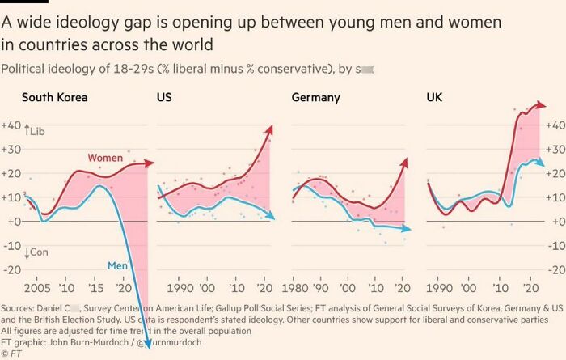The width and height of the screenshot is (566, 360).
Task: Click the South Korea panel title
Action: tap(54, 98)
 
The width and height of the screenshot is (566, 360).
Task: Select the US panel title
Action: tap(163, 98)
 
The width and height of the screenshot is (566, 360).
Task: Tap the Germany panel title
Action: tap(315, 98)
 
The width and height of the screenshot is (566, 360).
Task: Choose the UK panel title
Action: tap(434, 98)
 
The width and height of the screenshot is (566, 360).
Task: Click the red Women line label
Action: tap(104, 158)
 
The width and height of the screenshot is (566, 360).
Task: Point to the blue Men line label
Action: tap(118, 265)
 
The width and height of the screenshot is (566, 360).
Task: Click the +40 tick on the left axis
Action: tap(11, 125)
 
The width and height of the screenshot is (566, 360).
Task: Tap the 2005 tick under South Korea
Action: tap(36, 288)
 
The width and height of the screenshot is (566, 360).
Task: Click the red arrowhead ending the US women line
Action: tap(270, 129)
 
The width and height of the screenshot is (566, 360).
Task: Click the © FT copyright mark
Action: tap(11, 354)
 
